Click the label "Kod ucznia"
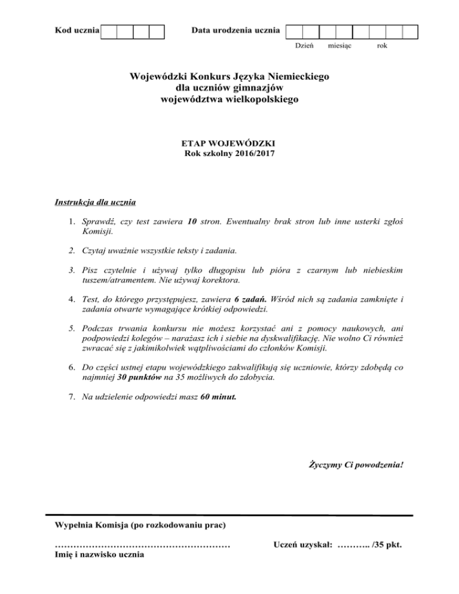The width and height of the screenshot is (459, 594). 76,30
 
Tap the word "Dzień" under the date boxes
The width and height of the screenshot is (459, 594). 305,46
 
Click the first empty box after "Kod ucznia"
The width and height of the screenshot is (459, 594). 109,31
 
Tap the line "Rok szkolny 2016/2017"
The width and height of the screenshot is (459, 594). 229,154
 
